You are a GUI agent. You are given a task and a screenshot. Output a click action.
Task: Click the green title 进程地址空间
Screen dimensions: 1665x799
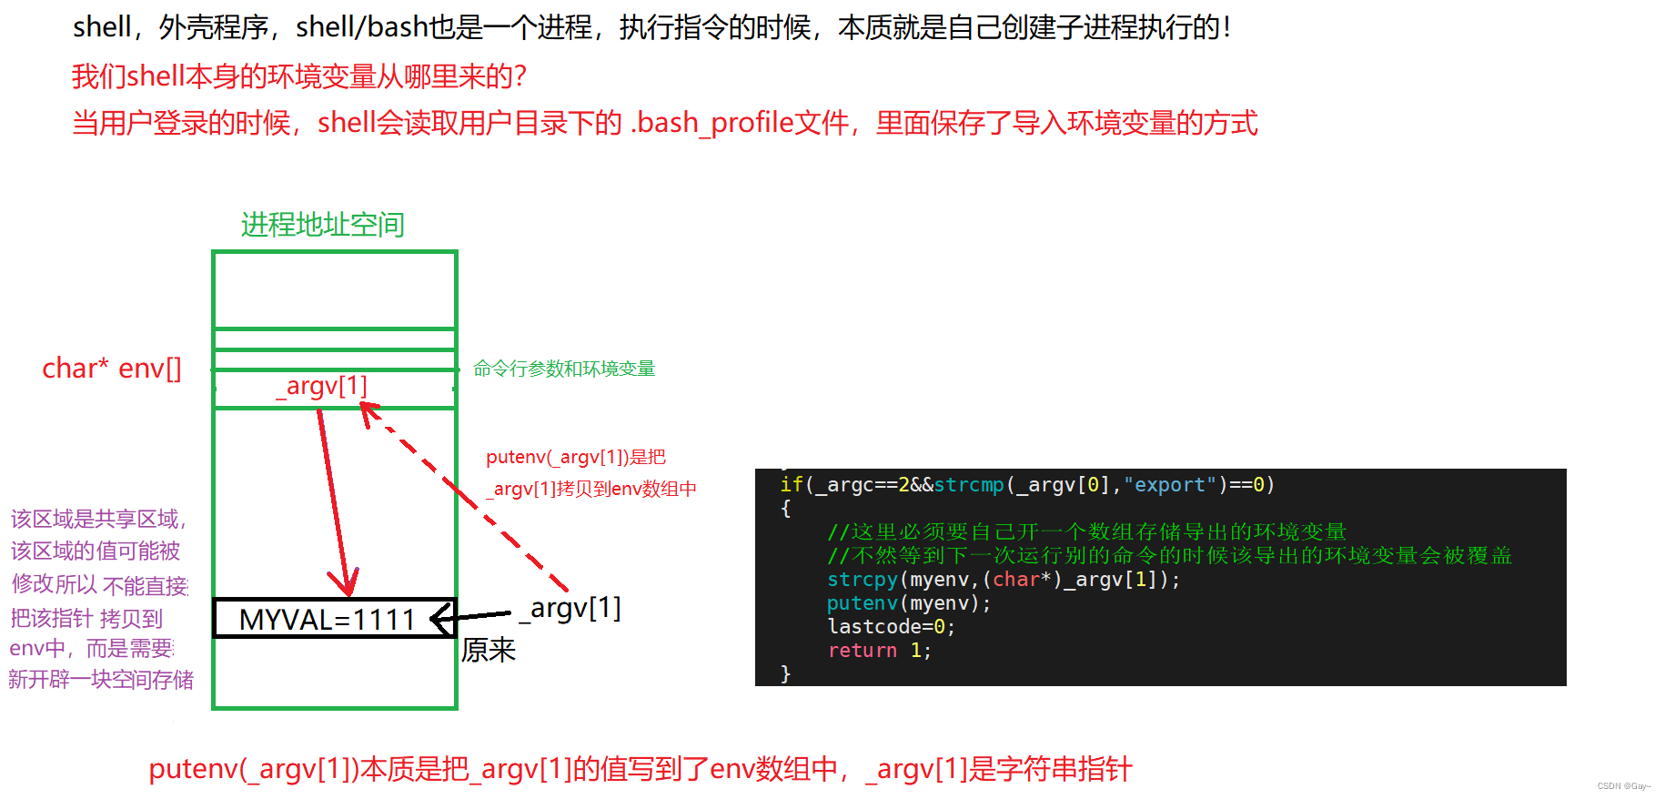point(322,224)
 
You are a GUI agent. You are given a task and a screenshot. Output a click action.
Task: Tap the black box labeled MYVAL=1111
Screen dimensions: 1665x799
point(328,619)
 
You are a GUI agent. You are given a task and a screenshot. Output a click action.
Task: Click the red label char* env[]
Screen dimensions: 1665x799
point(112,368)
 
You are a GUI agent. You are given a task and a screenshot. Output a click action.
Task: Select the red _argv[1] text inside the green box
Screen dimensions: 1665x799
point(322,386)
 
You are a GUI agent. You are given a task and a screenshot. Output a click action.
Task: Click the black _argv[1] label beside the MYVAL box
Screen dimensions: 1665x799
point(571,608)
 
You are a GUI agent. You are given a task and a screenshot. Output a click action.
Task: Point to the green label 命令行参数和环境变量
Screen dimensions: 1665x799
point(564,369)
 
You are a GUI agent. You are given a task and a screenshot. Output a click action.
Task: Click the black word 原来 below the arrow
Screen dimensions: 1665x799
point(489,650)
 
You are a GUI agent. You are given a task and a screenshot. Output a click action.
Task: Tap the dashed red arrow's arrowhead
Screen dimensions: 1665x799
point(368,413)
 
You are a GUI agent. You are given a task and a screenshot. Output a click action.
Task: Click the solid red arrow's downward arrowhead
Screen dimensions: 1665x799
point(345,582)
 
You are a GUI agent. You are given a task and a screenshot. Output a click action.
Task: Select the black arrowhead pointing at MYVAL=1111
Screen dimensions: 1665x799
point(440,619)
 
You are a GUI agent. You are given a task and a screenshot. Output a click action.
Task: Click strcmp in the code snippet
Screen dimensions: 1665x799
point(969,485)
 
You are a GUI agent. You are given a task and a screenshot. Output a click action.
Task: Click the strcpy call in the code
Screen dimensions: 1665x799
point(862,580)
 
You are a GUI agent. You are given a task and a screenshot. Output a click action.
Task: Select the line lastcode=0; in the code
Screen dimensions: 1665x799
point(891,627)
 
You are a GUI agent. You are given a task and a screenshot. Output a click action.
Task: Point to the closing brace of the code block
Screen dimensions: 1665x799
point(786,673)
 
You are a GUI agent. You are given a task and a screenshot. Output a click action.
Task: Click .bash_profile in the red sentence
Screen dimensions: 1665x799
point(712,123)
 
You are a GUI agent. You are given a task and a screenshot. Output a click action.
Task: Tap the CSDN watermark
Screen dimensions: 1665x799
point(1623,786)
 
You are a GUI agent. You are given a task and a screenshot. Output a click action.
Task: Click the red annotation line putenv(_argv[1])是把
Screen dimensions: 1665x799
point(576,457)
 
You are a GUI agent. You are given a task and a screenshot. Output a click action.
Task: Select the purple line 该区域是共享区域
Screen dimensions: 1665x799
point(98,520)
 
